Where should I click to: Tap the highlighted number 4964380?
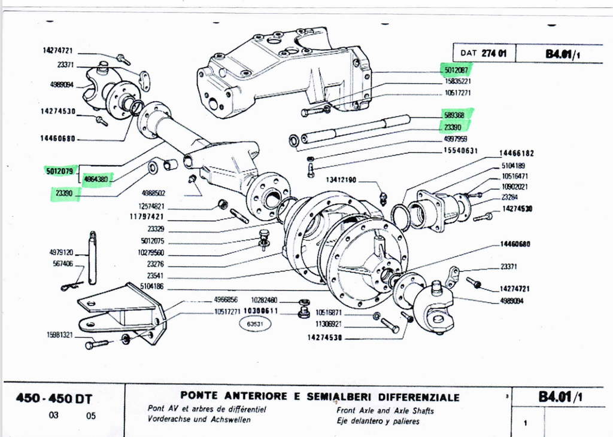96,178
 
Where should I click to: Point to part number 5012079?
59,172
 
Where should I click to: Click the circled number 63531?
254,324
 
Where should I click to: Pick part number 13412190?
341,179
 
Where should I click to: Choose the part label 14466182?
517,154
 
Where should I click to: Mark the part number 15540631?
460,151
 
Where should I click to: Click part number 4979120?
60,252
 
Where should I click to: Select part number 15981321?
60,335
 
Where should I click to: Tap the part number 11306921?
328,325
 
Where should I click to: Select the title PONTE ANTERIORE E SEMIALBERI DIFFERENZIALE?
320,398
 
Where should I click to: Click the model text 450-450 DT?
56,400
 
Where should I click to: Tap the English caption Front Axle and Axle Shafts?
385,411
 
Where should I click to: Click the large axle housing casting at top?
281,72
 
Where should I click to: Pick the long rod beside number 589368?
356,129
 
